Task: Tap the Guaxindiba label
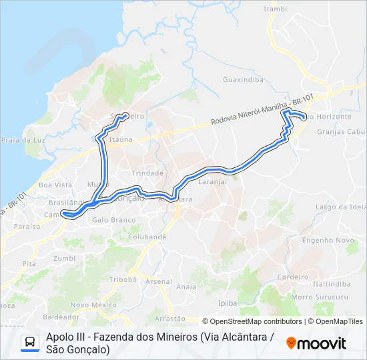[243, 79]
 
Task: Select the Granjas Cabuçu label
[343, 131]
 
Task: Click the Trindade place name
[147, 173]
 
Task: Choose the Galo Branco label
[109, 219]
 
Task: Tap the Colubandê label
[147, 236]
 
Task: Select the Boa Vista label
[55, 185]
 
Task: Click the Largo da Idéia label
[341, 207]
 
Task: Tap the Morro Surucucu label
[316, 297]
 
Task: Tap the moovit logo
[316, 343]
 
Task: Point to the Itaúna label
[121, 140]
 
